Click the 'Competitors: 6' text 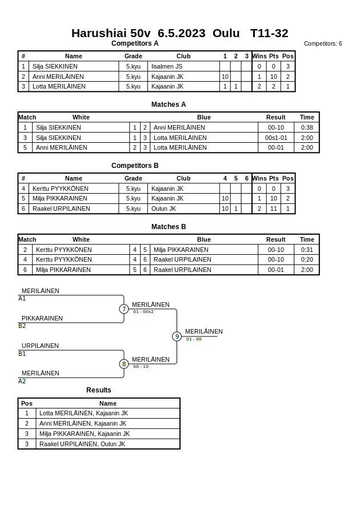pos(323,44)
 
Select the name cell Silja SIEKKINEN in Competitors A pos(55,66)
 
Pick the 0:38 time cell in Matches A pos(307,127)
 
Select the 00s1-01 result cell pos(276,138)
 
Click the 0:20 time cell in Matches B pos(307,259)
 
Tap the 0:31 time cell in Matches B pos(307,250)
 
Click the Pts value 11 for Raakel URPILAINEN pos(274,209)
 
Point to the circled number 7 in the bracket pos(124,309)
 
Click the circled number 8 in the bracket pos(124,364)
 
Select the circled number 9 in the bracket pos(177,336)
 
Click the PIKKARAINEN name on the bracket pos(42,318)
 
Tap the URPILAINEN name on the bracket pos(40,346)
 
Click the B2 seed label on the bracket pos(22,326)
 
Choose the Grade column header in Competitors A pos(133,56)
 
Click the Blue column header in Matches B pos(204,239)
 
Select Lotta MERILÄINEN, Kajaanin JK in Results pos(83,413)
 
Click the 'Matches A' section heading pos(169,105)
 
